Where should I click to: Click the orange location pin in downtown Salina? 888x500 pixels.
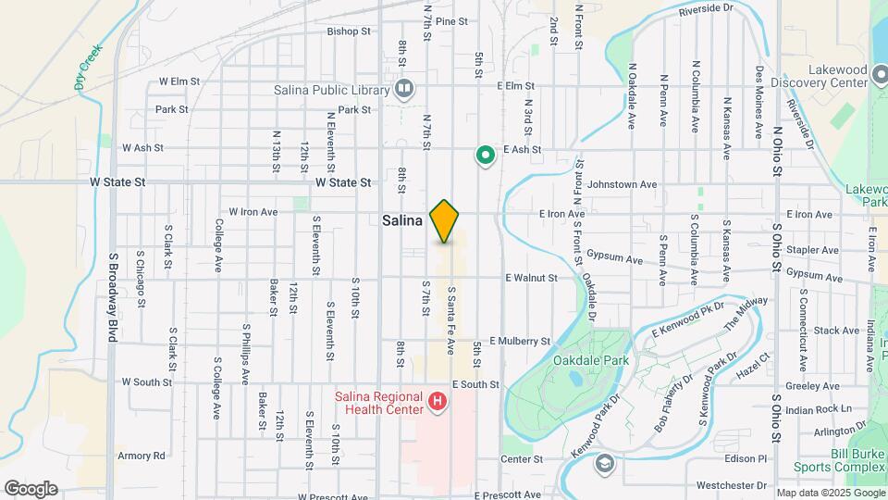(445, 220)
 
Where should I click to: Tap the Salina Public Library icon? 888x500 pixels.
(404, 89)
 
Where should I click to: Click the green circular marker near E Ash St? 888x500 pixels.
(484, 156)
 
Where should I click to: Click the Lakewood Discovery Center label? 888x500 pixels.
(832, 75)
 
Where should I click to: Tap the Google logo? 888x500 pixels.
(31, 488)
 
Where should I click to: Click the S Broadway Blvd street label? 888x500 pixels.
(112, 296)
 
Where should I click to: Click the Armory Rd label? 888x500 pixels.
(141, 456)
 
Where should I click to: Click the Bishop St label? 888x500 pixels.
(349, 31)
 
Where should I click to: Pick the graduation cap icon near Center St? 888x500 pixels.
(605, 463)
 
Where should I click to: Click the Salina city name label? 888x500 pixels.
(402, 221)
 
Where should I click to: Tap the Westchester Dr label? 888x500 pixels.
(732, 484)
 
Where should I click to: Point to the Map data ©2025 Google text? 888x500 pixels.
(830, 493)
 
